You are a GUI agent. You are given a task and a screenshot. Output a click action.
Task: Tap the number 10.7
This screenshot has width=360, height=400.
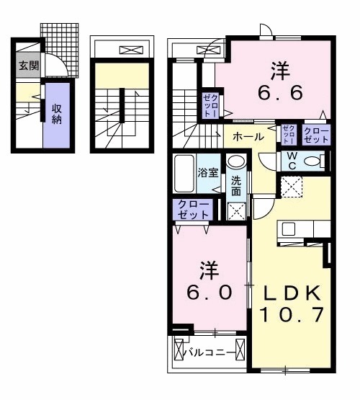pyautogui.click(x=292, y=315)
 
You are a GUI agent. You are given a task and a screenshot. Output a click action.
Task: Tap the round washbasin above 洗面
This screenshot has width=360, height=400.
pyautogui.click(x=237, y=164)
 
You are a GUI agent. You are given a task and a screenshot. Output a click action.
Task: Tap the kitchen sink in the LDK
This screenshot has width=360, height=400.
pyautogui.click(x=289, y=230)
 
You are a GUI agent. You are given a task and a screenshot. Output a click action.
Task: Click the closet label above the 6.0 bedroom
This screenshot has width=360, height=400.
pyautogui.click(x=192, y=209)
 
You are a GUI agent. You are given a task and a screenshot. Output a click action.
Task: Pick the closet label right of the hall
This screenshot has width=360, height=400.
pyautogui.click(x=315, y=135)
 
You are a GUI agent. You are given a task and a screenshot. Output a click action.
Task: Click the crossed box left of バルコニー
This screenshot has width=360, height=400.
pyautogui.click(x=179, y=354)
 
